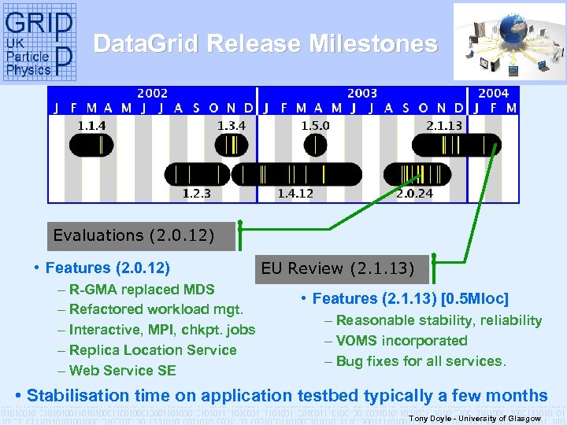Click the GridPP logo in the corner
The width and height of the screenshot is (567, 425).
click(39, 42)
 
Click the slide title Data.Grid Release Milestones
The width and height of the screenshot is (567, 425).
click(265, 43)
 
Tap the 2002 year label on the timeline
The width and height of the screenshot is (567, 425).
click(152, 94)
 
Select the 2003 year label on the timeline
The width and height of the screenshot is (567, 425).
click(362, 94)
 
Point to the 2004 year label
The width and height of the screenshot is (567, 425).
click(494, 94)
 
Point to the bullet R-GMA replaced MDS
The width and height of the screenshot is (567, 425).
click(141, 289)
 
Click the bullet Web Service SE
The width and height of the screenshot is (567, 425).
click(122, 371)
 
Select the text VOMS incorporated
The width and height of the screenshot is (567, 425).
click(402, 341)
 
